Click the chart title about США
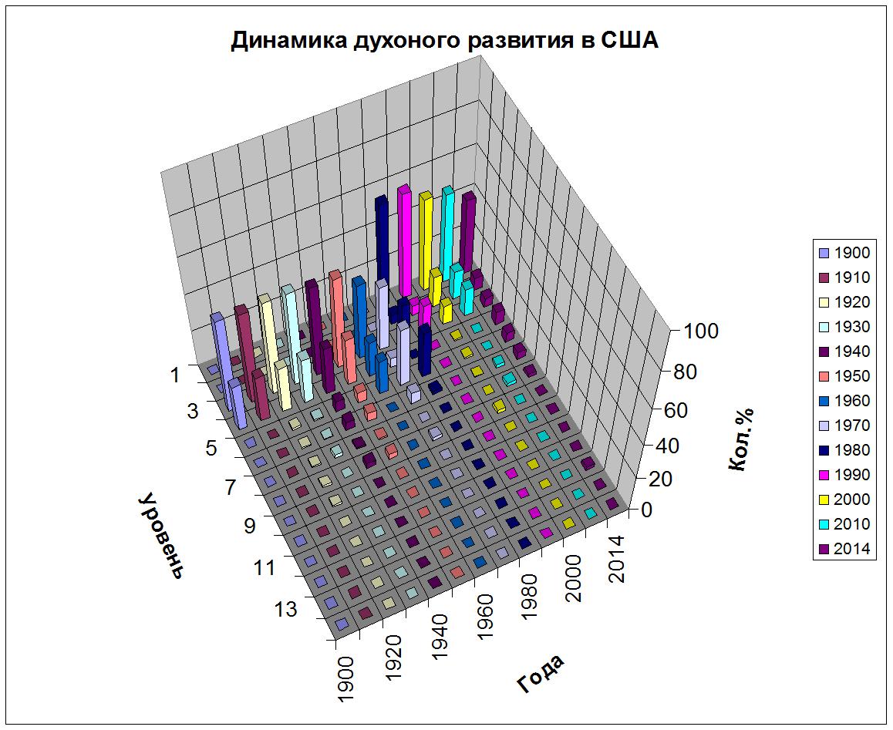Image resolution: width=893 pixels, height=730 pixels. (445, 40)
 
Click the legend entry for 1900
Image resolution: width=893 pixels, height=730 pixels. (844, 253)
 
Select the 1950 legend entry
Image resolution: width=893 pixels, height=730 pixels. (844, 376)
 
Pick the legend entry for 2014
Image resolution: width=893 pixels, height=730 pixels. (844, 548)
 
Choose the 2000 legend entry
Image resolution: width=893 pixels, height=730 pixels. (844, 500)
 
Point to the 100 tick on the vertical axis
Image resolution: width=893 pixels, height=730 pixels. (699, 331)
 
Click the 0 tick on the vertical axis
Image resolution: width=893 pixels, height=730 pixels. (646, 510)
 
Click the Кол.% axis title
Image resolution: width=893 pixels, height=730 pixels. (740, 439)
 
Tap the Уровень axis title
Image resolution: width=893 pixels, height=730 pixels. (162, 536)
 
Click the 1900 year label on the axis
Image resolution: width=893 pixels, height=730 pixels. (345, 681)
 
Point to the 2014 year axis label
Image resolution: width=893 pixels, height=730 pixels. (615, 559)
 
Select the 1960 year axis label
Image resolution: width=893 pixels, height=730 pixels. (484, 617)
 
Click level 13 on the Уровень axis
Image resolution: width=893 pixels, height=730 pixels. (286, 609)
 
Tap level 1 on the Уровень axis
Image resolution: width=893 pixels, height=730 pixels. (175, 375)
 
